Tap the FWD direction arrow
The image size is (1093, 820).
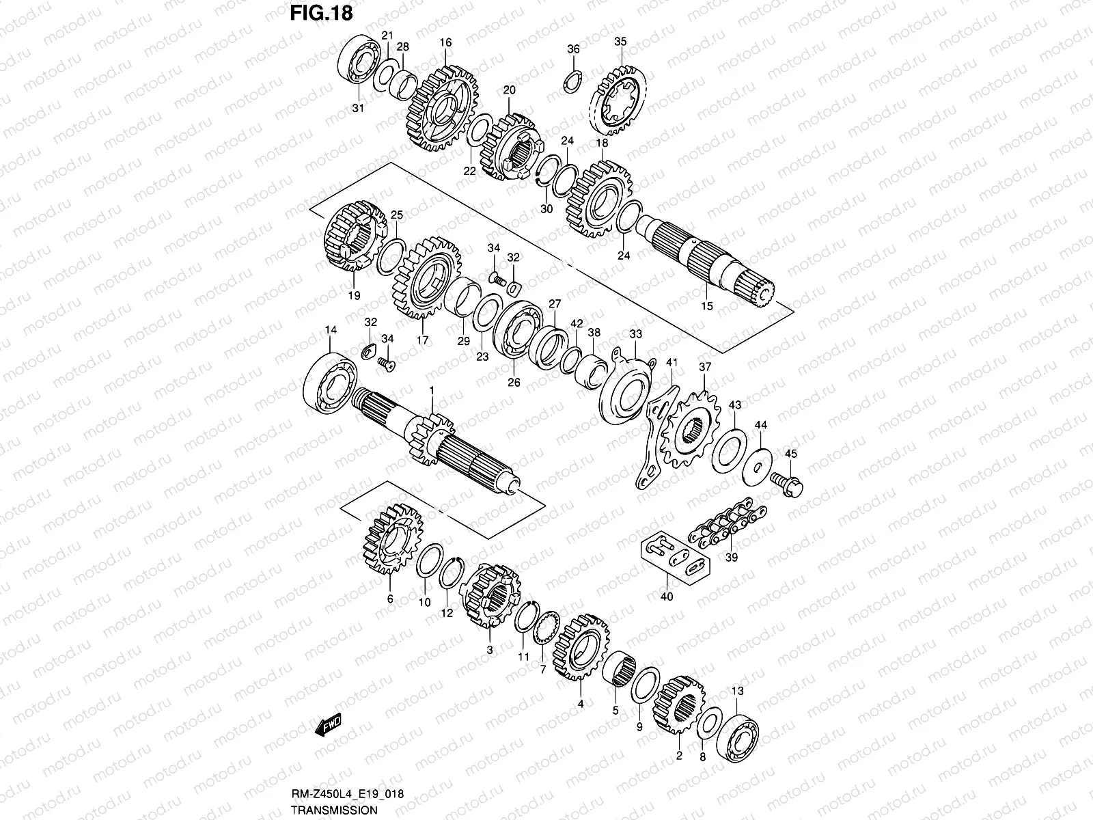[329, 726]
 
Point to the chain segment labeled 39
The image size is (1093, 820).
[728, 525]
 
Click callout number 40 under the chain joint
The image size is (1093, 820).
[667, 597]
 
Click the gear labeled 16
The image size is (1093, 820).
[445, 109]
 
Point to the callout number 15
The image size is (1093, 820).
[707, 306]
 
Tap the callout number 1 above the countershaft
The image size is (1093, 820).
[432, 389]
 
